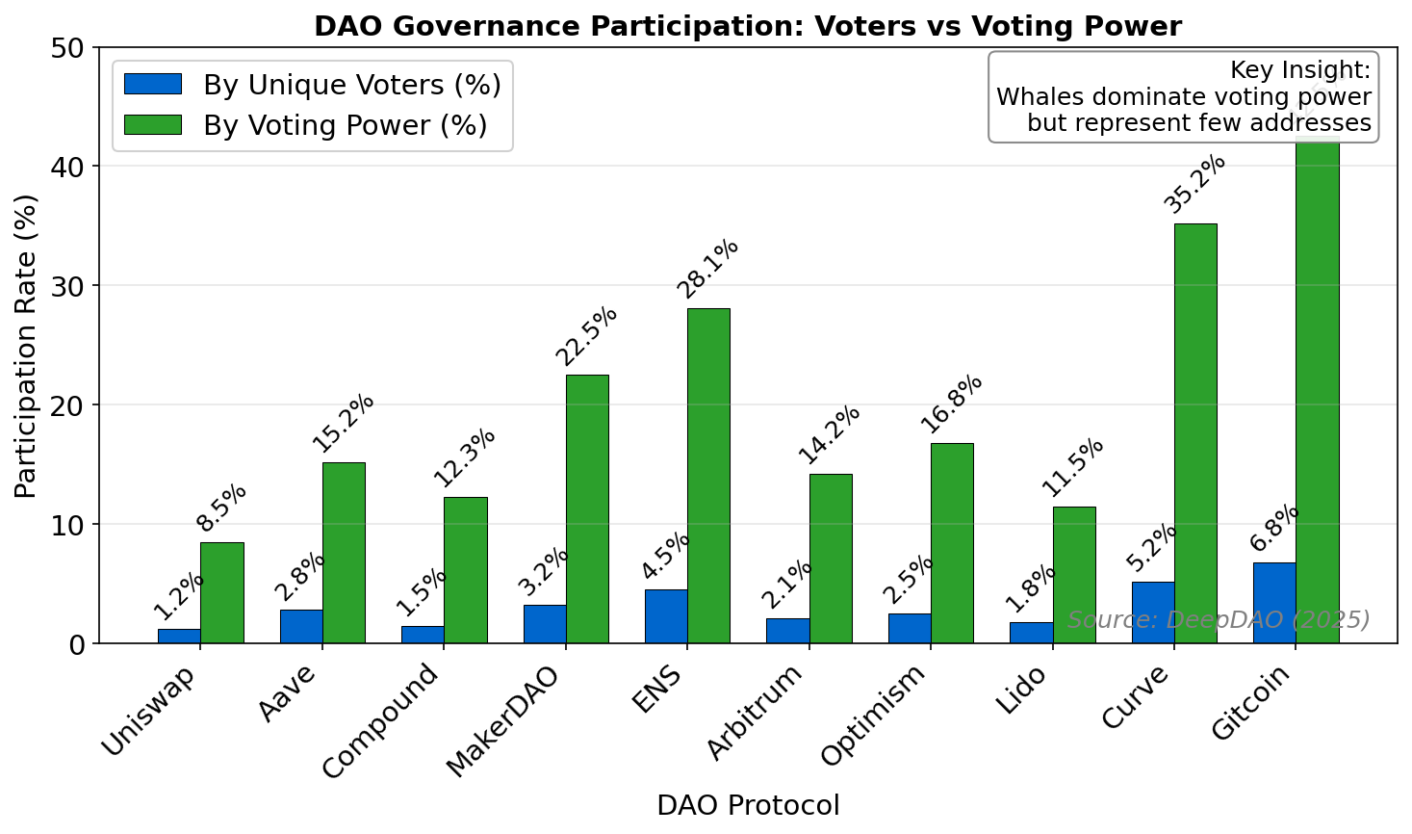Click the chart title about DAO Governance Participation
[x=747, y=26]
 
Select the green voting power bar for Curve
[x=1195, y=433]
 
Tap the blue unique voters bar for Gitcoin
[x=1273, y=603]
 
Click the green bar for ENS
[x=708, y=476]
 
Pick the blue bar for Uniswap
[x=179, y=636]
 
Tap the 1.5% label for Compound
[x=422, y=591]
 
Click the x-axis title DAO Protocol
[x=747, y=805]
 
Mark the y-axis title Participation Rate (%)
[x=26, y=346]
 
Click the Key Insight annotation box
[x=1183, y=97]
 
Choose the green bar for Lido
[x=1074, y=575]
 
